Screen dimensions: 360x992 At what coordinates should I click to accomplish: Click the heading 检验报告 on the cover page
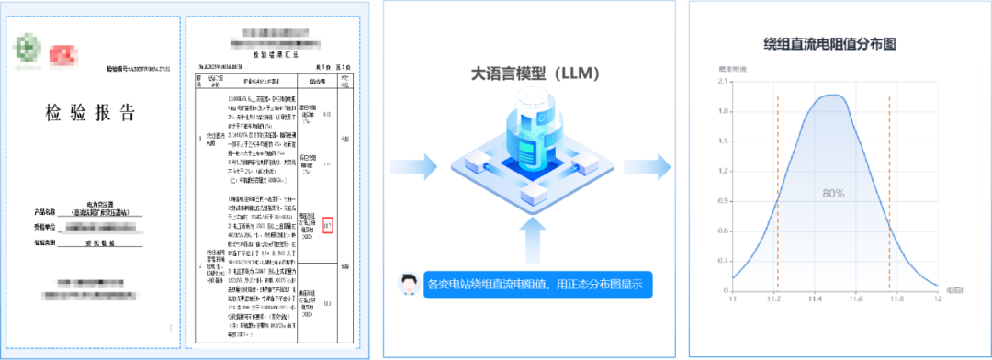(89, 113)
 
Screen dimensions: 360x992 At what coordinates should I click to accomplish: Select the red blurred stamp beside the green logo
(62, 55)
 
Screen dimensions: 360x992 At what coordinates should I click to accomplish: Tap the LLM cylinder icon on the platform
(521, 138)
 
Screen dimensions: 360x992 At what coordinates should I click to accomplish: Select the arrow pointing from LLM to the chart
(647, 166)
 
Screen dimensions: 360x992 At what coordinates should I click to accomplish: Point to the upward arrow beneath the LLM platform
(522, 243)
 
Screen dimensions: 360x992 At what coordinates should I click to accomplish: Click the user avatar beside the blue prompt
(404, 285)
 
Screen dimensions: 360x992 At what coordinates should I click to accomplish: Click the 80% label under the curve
(833, 194)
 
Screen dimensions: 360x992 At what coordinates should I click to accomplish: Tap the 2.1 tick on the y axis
(723, 82)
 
